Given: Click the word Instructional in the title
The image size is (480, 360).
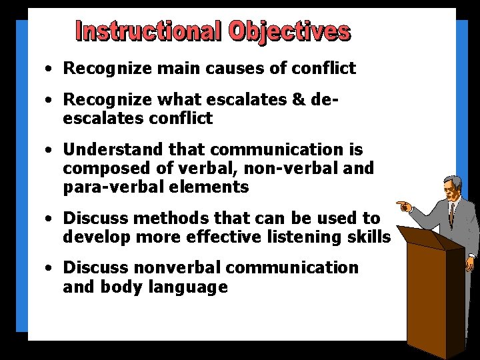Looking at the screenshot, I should pos(150,31).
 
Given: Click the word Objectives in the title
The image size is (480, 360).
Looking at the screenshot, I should pos(290,31).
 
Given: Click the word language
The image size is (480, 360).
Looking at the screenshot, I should pos(193,287).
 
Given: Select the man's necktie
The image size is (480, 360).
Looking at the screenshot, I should pos(451,213).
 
